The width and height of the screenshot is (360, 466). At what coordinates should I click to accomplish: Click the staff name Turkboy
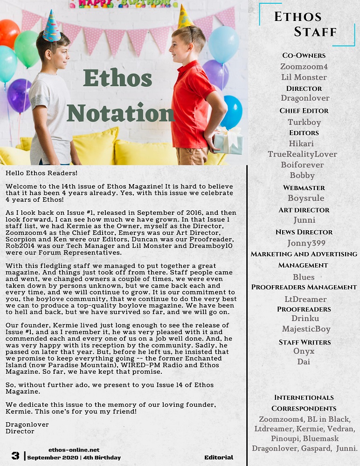pos(304,122)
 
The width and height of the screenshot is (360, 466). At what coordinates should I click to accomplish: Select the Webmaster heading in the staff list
pos(304,188)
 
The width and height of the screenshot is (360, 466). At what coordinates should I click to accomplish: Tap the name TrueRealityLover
pos(302,154)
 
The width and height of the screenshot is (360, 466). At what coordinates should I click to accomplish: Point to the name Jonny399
pos(306,243)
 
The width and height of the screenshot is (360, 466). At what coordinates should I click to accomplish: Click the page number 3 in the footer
pos(15,456)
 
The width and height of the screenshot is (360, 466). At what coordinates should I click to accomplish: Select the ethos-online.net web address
pos(74,450)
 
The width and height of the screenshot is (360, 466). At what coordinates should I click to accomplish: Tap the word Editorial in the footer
pos(219,458)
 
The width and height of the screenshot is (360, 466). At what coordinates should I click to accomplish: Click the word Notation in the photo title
pos(120,113)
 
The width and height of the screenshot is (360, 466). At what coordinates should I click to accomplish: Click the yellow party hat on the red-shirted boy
pos(185,17)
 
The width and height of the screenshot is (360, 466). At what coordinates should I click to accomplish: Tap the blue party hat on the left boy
pos(51,27)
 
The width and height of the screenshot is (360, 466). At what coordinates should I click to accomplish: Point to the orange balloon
pos(8,34)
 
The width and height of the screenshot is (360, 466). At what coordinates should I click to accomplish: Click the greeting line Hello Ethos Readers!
pos(42,173)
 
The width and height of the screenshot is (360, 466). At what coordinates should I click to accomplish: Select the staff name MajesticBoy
pos(306,329)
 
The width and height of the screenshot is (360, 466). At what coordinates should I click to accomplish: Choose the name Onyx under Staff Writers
pos(304,351)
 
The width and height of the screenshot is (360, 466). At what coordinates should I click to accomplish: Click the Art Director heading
pos(304,210)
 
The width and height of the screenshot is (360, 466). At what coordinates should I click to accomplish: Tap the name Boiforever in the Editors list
pos(302,164)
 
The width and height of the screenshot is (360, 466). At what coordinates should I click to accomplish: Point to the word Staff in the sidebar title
pos(315,32)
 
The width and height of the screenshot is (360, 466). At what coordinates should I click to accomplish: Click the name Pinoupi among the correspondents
pos(285,439)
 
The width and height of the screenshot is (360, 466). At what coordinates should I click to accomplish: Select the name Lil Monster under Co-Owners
pos(304,77)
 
